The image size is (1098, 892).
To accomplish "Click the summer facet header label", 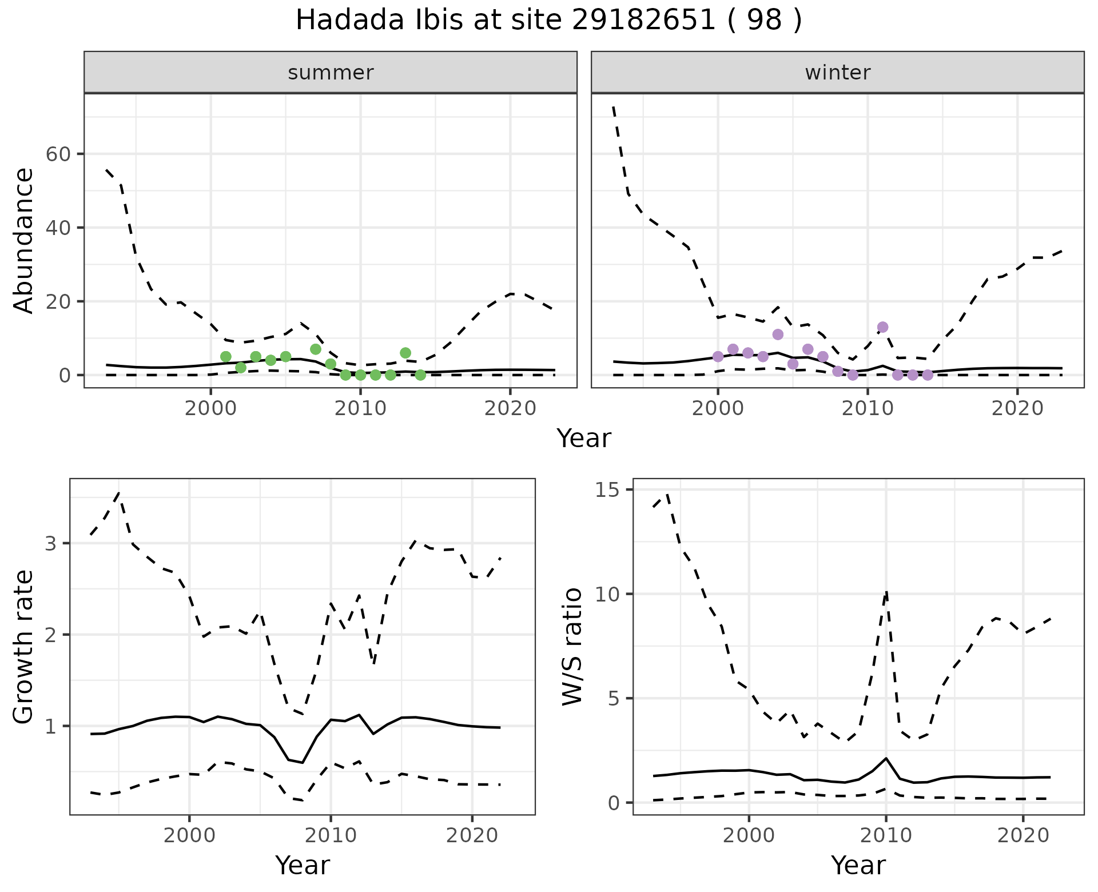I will [x=331, y=73].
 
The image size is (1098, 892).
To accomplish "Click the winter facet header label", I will [x=837, y=73].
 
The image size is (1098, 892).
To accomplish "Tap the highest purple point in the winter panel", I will [x=882, y=327].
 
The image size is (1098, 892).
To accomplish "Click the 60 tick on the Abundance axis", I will [x=57, y=154].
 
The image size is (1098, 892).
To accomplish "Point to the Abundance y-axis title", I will [x=24, y=240].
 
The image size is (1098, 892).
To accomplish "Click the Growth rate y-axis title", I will [x=24, y=646].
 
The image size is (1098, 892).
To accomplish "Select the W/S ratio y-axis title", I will [x=572, y=646].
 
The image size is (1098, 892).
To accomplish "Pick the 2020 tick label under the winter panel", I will [x=1017, y=408].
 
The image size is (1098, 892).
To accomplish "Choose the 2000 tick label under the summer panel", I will [x=211, y=408].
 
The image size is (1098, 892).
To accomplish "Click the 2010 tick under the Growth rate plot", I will [x=331, y=835].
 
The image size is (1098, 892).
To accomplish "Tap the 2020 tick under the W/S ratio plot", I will [x=1023, y=835].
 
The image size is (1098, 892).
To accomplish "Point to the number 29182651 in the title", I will [x=643, y=21].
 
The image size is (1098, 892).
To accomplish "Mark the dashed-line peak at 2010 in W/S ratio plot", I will [x=886, y=592].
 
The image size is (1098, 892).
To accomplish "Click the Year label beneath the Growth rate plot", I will [x=303, y=865].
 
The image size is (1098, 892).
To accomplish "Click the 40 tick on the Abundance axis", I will [x=57, y=228].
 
